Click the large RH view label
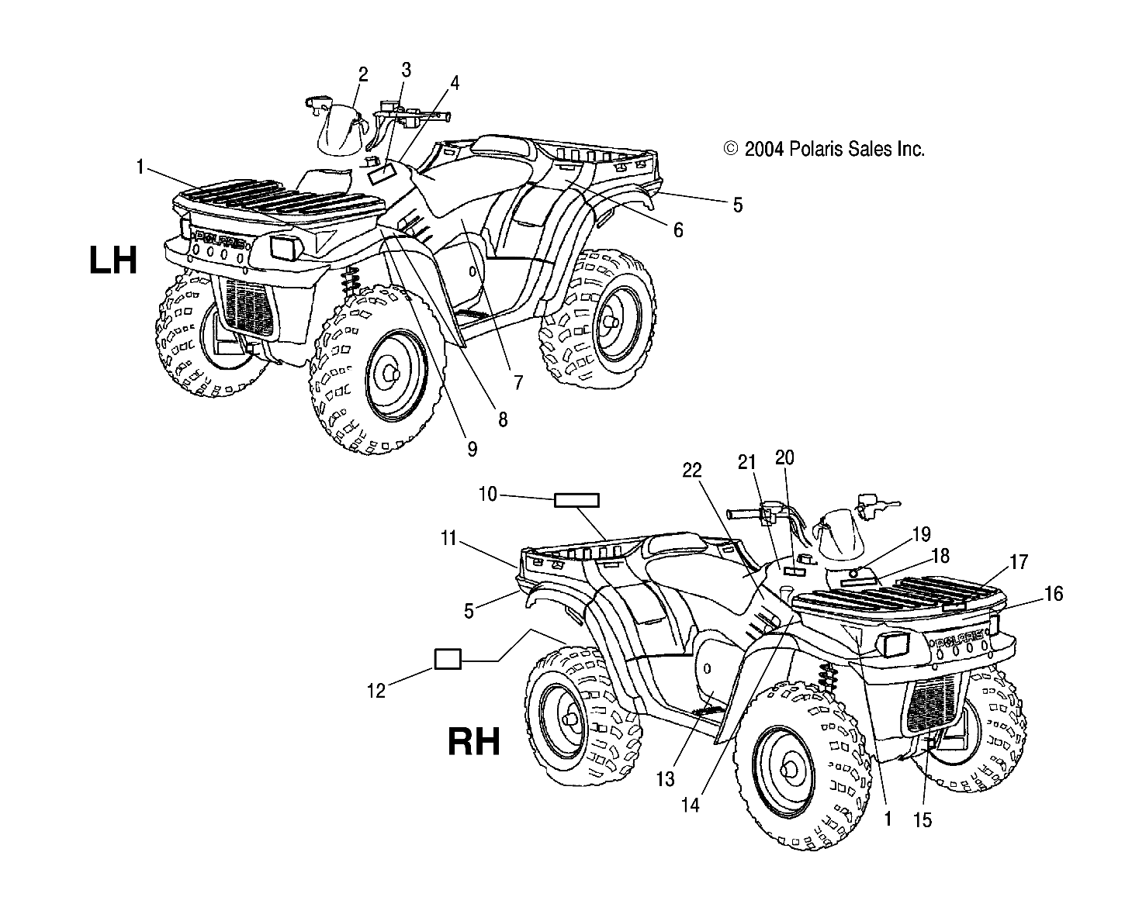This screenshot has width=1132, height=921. point(473,742)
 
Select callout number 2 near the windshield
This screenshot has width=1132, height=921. point(362,74)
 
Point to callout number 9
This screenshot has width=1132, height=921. point(472,448)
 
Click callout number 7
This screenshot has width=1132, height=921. point(518,381)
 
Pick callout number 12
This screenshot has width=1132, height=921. point(376,690)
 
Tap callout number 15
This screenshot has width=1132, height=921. point(923,820)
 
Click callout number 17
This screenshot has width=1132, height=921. point(1019,562)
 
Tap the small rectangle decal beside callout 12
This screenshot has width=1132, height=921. point(448,659)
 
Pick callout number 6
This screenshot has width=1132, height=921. point(677,229)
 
